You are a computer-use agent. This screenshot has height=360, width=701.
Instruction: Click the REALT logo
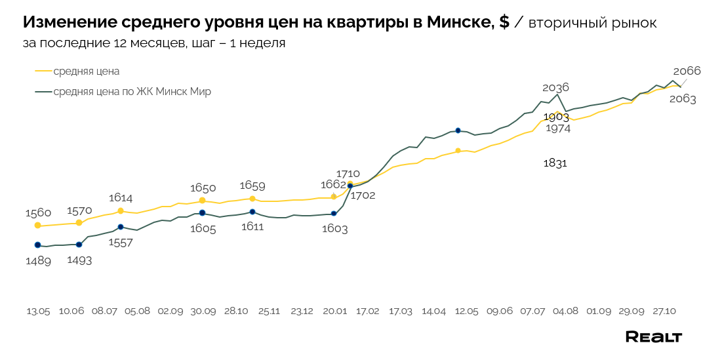click(653, 337)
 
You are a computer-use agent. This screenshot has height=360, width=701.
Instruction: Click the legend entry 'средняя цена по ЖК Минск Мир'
click(132, 92)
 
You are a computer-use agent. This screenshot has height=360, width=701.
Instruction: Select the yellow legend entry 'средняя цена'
click(86, 71)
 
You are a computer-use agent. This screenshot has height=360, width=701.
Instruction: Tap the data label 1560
click(38, 212)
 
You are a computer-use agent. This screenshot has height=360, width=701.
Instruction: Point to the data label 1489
click(38, 260)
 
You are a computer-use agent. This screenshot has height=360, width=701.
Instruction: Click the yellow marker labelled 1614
click(121, 211)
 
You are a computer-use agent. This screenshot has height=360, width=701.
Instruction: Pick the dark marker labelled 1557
click(121, 227)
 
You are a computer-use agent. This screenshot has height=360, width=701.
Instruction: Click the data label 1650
click(203, 188)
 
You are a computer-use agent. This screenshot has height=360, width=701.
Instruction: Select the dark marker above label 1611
click(252, 212)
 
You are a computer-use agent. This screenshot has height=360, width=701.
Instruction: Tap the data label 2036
click(555, 87)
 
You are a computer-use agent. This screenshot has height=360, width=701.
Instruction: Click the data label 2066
click(687, 71)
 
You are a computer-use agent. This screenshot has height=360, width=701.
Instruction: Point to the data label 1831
click(555, 163)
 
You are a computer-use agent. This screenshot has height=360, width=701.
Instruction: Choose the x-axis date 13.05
click(38, 311)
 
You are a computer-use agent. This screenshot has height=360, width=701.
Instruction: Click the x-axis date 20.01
click(334, 311)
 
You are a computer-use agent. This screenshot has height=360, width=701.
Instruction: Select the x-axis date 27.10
click(664, 311)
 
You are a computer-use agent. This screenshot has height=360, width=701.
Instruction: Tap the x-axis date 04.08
click(565, 311)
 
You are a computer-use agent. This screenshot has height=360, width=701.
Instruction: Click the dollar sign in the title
click(503, 22)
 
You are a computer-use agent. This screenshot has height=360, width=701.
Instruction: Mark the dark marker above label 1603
click(334, 213)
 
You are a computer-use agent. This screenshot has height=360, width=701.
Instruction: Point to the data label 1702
click(363, 195)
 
